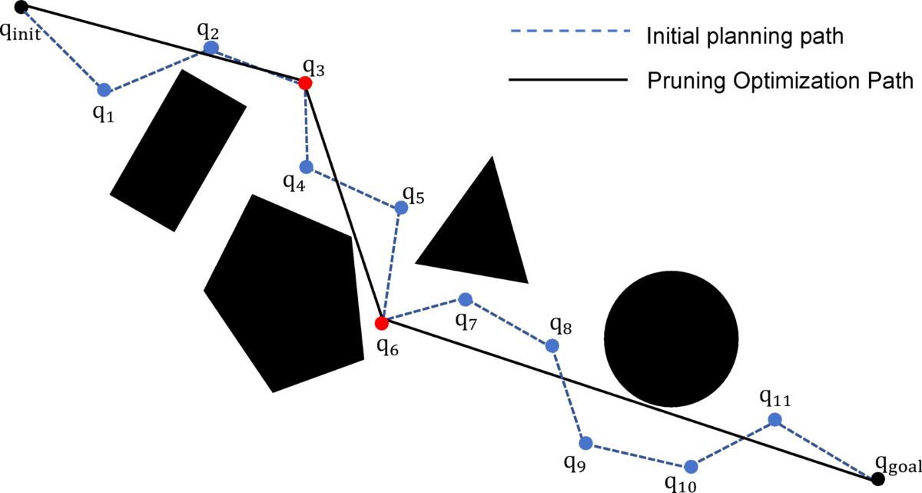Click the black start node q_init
tap(22, 8)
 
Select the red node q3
tap(305, 82)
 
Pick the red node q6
tap(381, 323)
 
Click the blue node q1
tap(104, 89)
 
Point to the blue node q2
tap(211, 48)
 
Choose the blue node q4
tap(307, 167)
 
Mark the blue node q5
tap(400, 208)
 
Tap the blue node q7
tap(464, 298)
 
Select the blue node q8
tap(552, 345)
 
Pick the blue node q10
tap(691, 466)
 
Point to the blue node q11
tap(775, 419)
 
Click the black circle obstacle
tap(672, 338)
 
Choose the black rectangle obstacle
tap(178, 150)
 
